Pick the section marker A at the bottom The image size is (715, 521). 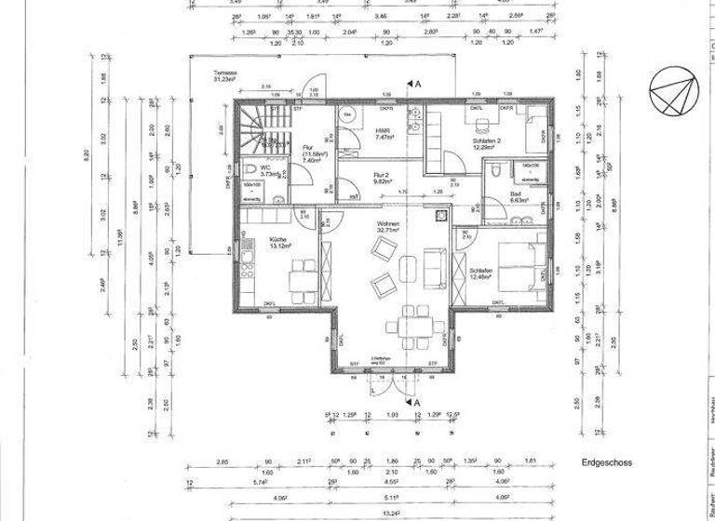pyautogui.click(x=418, y=401)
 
